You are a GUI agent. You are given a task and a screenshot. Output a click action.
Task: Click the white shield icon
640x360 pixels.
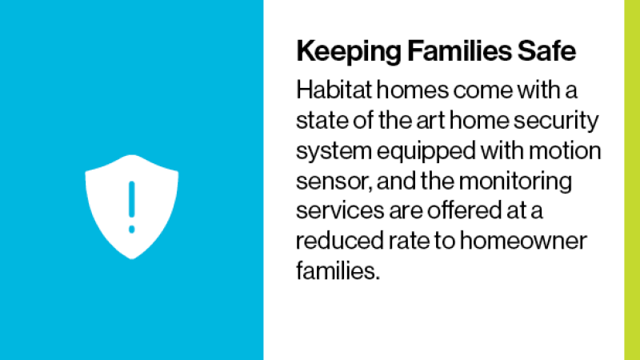pyautogui.click(x=131, y=206)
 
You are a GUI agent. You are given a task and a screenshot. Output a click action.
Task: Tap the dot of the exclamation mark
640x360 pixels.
pyautogui.click(x=131, y=230)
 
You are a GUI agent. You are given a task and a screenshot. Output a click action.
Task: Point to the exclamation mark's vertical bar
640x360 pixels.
pyautogui.click(x=131, y=199)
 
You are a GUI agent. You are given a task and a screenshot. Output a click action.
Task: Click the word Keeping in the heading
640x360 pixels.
pyautogui.click(x=349, y=52)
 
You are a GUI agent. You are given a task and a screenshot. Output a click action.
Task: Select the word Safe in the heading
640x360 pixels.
pyautogui.click(x=546, y=50)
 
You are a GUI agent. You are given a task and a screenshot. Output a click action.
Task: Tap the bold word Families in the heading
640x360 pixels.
pyautogui.click(x=459, y=50)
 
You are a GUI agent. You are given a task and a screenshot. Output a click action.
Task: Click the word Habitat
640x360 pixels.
pyautogui.click(x=334, y=90)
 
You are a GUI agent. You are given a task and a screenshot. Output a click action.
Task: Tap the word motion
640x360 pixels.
pyautogui.click(x=565, y=150)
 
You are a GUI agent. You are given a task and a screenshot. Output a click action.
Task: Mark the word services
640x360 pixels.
pyautogui.click(x=340, y=210)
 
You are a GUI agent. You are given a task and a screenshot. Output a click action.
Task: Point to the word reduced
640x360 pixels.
pyautogui.click(x=340, y=241)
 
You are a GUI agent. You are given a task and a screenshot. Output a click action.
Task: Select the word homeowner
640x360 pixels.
pyautogui.click(x=523, y=241)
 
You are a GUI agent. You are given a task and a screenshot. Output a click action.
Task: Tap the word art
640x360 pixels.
pyautogui.click(x=430, y=122)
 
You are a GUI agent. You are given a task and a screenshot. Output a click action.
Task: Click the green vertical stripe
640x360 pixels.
pyautogui.click(x=632, y=180)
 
